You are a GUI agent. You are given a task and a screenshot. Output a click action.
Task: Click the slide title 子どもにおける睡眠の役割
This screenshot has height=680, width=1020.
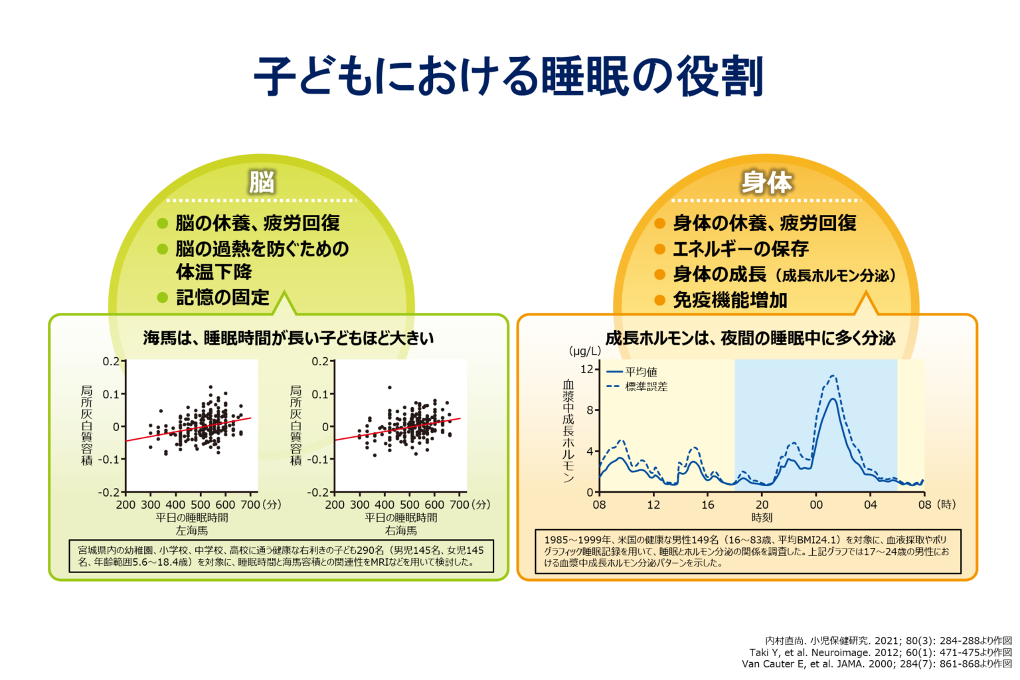(509, 76)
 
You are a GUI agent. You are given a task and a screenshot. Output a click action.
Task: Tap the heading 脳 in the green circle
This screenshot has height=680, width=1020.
(262, 182)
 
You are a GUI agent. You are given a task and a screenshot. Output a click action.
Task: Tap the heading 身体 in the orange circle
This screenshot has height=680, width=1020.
(767, 182)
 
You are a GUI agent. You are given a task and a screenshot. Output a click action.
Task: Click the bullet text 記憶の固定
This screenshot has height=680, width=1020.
(222, 297)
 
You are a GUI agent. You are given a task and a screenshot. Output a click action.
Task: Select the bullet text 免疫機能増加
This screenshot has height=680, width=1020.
(730, 300)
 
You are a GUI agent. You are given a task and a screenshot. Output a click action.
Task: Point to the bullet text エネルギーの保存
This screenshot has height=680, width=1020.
(741, 248)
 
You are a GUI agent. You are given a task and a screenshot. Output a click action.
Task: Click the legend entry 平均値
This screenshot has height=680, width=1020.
(641, 372)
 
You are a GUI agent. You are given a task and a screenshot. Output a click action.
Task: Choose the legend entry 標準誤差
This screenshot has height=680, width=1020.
(646, 386)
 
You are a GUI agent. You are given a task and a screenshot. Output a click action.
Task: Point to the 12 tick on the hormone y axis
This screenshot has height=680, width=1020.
(586, 369)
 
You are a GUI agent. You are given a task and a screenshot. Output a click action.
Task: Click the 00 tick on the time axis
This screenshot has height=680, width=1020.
(816, 505)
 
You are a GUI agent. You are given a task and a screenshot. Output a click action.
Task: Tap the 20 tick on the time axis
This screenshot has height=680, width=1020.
(762, 505)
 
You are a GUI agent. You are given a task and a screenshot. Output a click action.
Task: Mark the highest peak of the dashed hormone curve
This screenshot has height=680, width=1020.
(833, 375)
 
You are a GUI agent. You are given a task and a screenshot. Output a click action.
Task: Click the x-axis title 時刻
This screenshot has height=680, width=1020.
(762, 517)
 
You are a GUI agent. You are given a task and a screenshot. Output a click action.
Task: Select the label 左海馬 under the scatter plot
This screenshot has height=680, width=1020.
(192, 530)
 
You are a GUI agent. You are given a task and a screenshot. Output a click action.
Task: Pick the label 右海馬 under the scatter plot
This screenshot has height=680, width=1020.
(400, 530)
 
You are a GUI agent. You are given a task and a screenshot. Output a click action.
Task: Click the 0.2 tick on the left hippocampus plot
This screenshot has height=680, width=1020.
(111, 362)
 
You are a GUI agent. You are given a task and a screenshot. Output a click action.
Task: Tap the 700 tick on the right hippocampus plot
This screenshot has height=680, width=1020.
(459, 505)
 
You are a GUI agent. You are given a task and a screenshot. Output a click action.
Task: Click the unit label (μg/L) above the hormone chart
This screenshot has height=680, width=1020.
(584, 351)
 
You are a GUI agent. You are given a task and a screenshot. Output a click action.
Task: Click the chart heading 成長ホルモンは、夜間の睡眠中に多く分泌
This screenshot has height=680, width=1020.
(750, 339)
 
